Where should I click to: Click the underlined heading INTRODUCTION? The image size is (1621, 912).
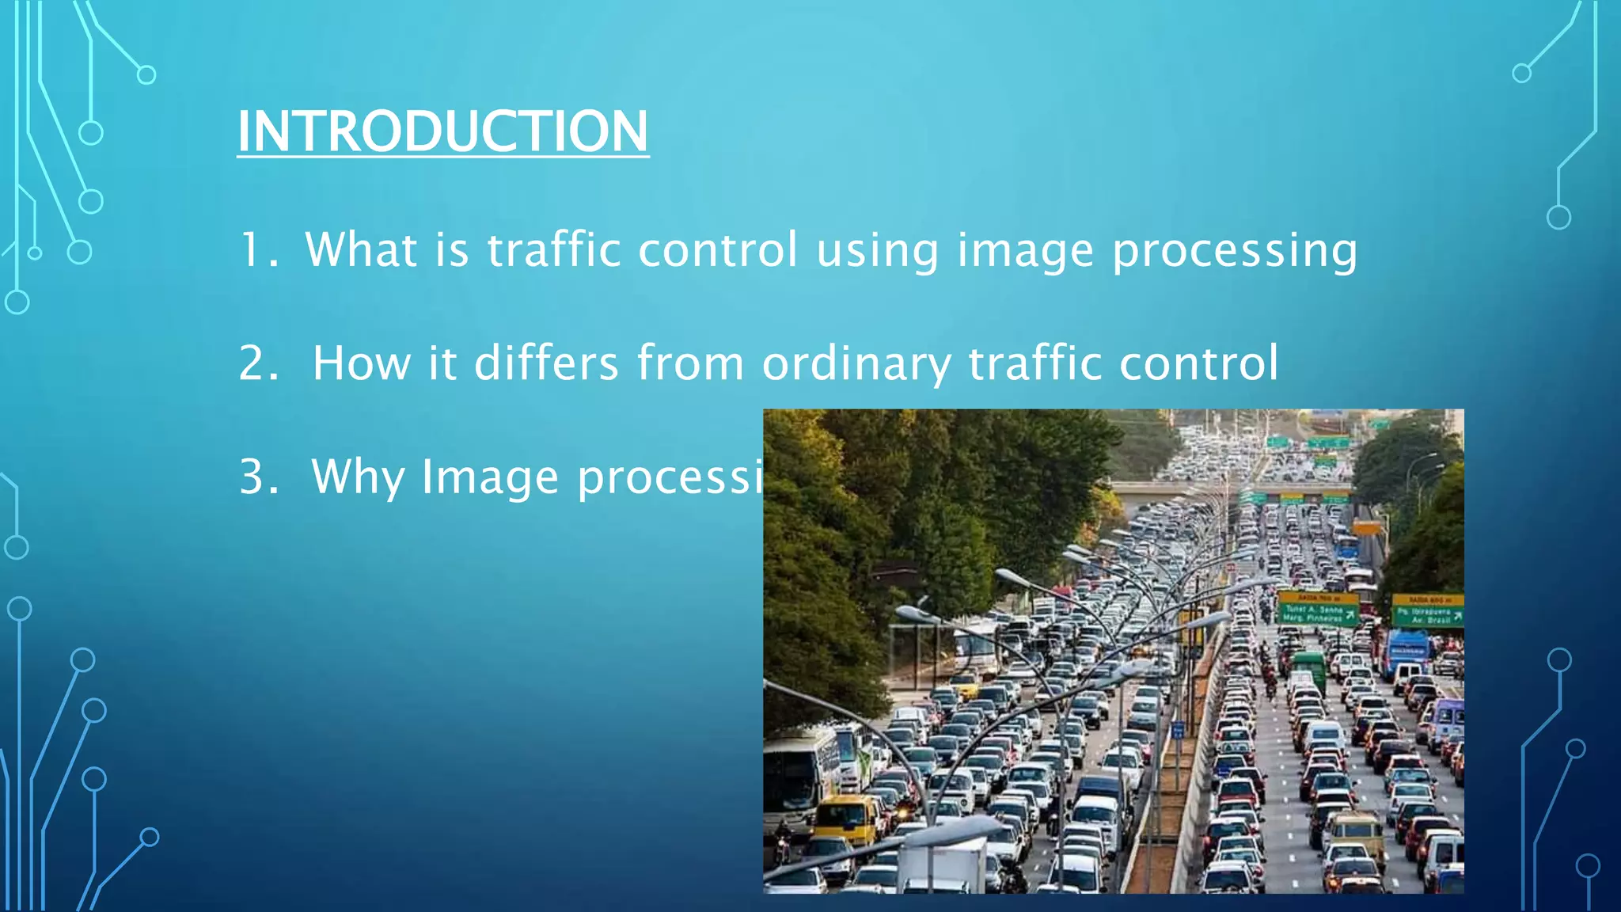[x=443, y=131]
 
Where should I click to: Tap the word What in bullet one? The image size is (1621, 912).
[x=363, y=250]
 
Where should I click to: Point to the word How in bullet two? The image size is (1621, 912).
[x=362, y=363]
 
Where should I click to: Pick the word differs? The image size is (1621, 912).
[x=546, y=363]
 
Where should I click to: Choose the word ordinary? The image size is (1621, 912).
[x=856, y=365]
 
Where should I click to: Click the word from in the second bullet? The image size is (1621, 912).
[x=690, y=363]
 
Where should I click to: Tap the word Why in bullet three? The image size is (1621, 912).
[x=358, y=477]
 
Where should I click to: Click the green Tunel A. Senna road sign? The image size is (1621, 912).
[x=1318, y=610]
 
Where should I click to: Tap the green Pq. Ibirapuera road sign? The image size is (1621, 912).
[x=1428, y=612]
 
